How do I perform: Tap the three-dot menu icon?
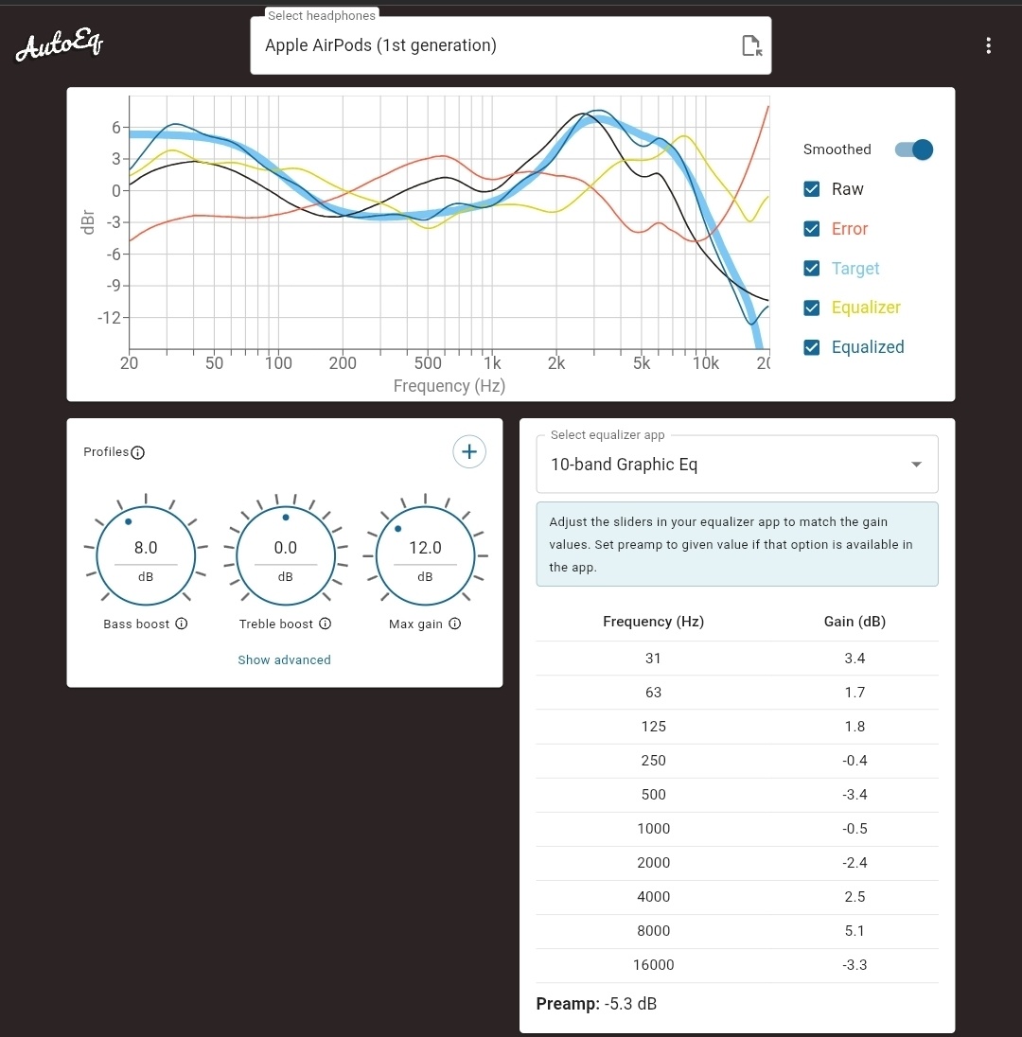click(x=988, y=45)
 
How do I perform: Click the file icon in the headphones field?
click(x=751, y=45)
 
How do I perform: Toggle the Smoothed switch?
click(x=914, y=149)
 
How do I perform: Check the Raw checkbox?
click(x=811, y=189)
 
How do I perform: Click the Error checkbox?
click(x=811, y=229)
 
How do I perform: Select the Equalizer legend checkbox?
click(x=811, y=308)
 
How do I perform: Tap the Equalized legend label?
click(x=868, y=347)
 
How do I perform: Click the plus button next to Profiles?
click(x=469, y=451)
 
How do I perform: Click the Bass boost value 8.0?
click(x=146, y=548)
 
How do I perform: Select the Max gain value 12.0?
click(x=425, y=548)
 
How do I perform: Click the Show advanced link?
click(x=284, y=659)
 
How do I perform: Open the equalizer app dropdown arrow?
click(x=915, y=465)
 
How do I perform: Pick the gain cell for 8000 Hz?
click(x=855, y=931)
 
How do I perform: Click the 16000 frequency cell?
click(x=653, y=965)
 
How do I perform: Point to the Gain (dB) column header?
click(x=855, y=622)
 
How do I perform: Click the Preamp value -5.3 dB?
click(x=630, y=1004)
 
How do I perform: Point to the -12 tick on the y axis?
click(x=109, y=317)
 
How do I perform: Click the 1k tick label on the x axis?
click(x=491, y=363)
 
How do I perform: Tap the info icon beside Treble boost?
click(x=325, y=624)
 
